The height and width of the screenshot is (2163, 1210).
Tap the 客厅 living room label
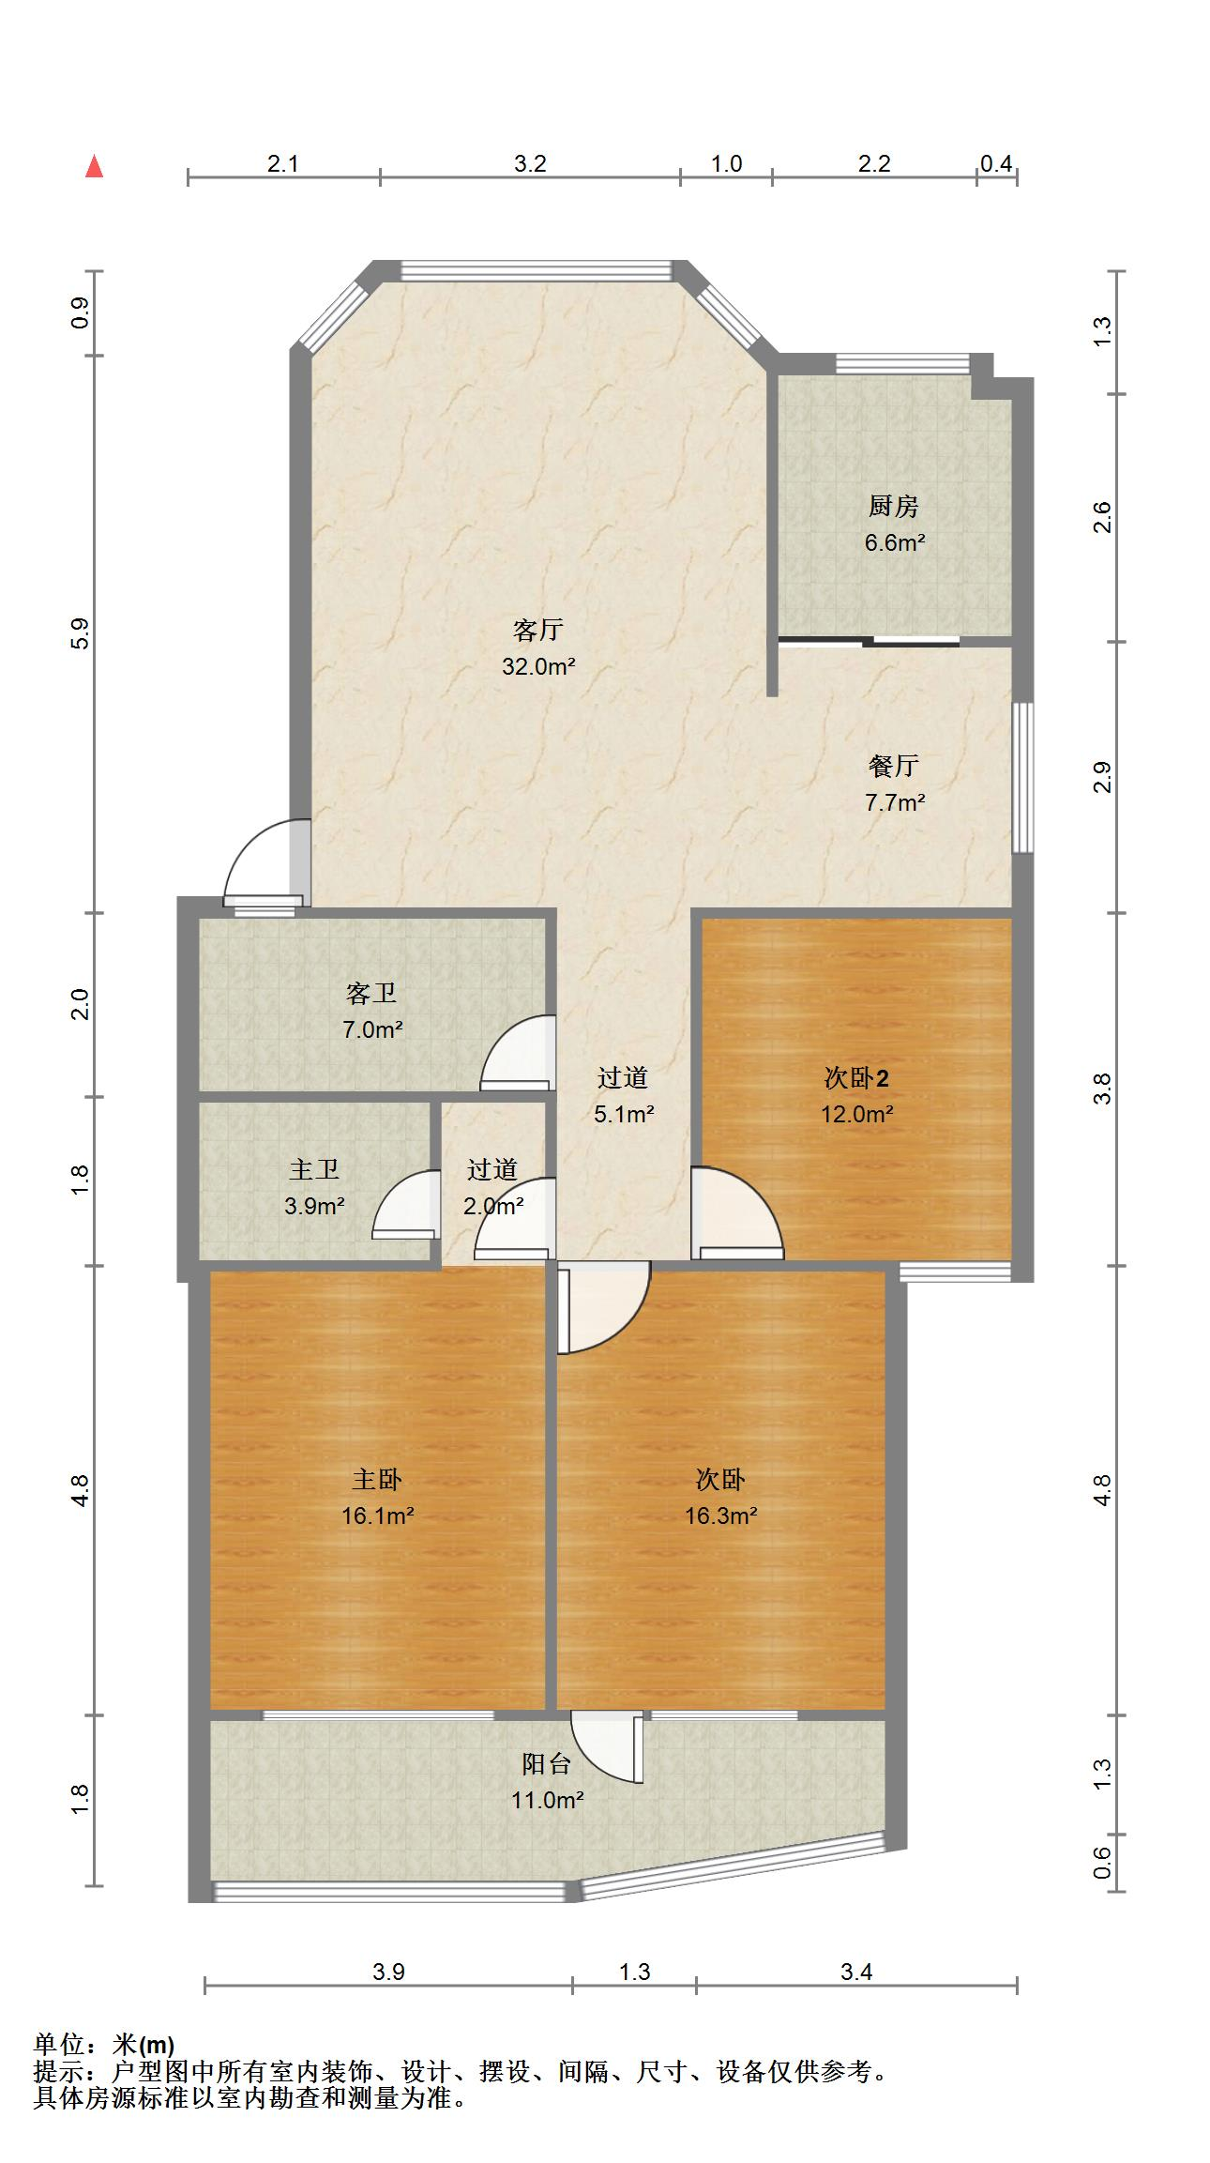pyautogui.click(x=538, y=630)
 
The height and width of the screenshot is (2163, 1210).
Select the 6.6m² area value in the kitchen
pyautogui.click(x=895, y=542)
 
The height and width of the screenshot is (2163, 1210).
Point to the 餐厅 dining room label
pyautogui.click(x=893, y=766)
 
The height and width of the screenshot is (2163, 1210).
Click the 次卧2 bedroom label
pyautogui.click(x=856, y=1078)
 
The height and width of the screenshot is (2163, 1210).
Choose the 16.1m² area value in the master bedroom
pyautogui.click(x=377, y=1516)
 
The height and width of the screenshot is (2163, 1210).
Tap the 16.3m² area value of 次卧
pyautogui.click(x=720, y=1516)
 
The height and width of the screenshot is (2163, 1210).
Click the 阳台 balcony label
pyautogui.click(x=547, y=1764)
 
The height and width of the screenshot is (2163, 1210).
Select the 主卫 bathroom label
pyautogui.click(x=314, y=1169)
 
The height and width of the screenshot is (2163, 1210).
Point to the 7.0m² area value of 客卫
pyautogui.click(x=372, y=1029)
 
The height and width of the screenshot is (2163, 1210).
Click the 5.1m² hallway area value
pyautogui.click(x=624, y=1114)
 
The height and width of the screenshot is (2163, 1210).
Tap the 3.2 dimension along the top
pyautogui.click(x=530, y=163)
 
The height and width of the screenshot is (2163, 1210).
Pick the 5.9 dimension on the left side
pyautogui.click(x=81, y=633)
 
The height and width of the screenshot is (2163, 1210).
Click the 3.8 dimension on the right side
pyautogui.click(x=1102, y=1089)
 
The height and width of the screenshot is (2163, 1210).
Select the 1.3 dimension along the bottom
pyautogui.click(x=634, y=1972)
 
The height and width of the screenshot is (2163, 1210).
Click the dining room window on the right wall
pyautogui.click(x=1023, y=777)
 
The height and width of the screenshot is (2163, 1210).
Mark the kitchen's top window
pyautogui.click(x=902, y=363)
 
